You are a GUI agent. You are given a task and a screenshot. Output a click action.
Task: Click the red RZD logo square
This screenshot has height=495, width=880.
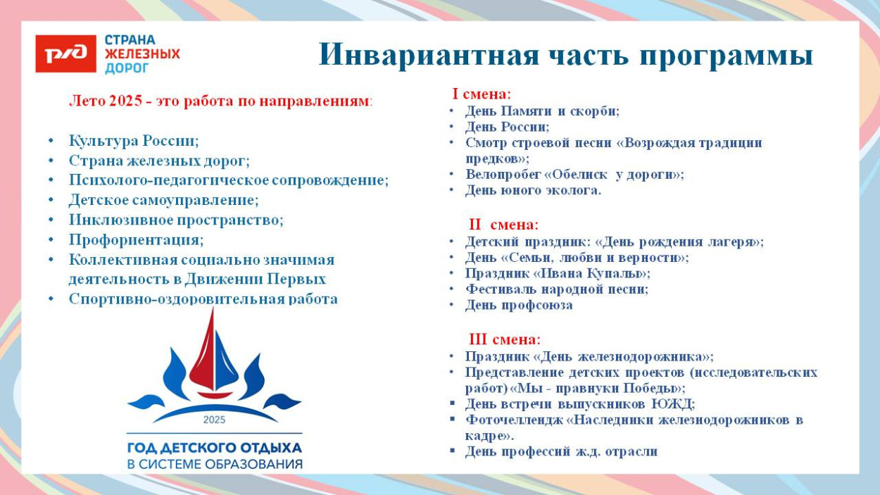click(x=65, y=54)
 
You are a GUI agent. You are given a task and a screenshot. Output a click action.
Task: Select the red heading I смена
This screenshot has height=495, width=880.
click(x=482, y=94)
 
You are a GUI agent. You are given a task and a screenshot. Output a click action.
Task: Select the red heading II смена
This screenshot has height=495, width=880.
click(x=503, y=225)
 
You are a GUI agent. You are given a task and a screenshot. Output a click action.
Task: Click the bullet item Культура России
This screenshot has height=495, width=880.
click(x=134, y=140)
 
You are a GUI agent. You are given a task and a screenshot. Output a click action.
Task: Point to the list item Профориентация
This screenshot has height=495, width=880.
click(x=136, y=240)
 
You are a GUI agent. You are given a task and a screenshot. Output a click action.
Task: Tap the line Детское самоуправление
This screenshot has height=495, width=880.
click(x=163, y=200)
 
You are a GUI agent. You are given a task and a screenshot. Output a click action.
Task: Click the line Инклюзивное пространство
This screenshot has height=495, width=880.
click(x=176, y=220)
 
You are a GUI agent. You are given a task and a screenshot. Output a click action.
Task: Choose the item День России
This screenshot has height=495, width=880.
click(x=507, y=127)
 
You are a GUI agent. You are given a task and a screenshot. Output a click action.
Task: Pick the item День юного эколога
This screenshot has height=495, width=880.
click(x=533, y=190)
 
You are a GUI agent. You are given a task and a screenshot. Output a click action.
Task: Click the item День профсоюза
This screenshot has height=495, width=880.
click(x=519, y=305)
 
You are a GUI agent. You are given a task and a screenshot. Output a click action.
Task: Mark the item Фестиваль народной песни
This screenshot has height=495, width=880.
click(x=556, y=289)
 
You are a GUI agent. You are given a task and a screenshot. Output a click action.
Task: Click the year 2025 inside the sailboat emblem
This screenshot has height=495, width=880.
click(x=214, y=420)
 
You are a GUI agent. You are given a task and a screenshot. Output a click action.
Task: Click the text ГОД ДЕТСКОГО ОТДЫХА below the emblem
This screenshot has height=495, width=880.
click(x=214, y=448)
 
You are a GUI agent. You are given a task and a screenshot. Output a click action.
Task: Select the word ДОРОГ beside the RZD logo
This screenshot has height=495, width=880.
click(x=127, y=68)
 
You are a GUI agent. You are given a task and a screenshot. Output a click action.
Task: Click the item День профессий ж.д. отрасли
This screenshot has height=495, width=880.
click(x=561, y=451)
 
